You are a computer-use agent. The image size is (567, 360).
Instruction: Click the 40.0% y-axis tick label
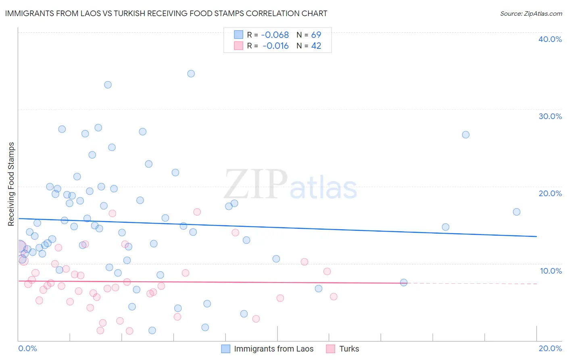[550, 39]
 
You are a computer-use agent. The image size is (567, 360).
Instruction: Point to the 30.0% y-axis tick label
[550, 116]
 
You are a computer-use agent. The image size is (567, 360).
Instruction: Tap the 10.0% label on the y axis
[551, 271]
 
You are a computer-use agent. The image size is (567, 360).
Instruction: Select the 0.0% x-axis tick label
[27, 348]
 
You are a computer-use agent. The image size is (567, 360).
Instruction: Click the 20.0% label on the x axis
[550, 348]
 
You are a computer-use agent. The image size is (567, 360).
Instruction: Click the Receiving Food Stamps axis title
[11, 184]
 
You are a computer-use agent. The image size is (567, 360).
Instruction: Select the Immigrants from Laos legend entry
[273, 349]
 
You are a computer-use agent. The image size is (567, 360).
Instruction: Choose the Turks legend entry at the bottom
[349, 349]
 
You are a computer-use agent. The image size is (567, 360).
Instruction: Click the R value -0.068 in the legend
[275, 35]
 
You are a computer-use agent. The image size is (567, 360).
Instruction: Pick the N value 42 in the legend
[316, 46]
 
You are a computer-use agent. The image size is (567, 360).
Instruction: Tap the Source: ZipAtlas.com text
[531, 14]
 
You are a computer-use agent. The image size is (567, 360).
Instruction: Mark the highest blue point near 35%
[191, 73]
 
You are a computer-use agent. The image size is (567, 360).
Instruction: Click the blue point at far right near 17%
[517, 212]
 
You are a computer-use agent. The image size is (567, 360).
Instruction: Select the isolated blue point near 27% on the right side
[466, 135]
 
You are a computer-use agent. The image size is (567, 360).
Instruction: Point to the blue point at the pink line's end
[404, 283]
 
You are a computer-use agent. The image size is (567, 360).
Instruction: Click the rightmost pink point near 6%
[334, 297]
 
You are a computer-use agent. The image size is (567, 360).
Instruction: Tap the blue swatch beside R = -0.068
[239, 35]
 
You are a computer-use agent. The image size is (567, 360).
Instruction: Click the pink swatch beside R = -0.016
[239, 46]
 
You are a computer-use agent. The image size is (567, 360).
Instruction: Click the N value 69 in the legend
[316, 35]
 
